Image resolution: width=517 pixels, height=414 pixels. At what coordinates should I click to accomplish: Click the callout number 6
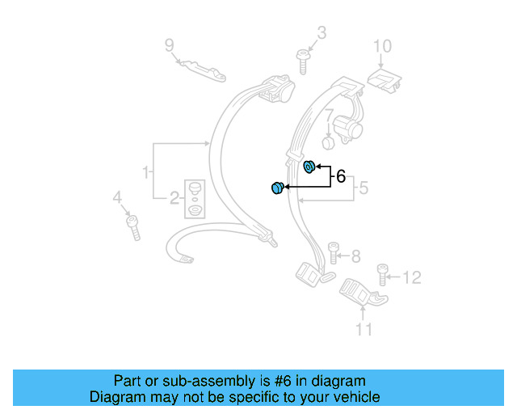[x=340, y=175]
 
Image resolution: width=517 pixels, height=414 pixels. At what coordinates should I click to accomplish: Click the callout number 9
[x=169, y=44]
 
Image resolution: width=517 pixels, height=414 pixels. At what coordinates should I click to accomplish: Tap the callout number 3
[x=321, y=33]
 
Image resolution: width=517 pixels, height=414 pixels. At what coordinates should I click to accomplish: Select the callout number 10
[x=381, y=46]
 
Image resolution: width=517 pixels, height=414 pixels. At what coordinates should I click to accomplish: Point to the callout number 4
[x=116, y=197]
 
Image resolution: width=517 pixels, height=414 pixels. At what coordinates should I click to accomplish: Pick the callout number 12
[x=411, y=278]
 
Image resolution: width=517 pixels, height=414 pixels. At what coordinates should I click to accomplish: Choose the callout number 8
[x=355, y=257]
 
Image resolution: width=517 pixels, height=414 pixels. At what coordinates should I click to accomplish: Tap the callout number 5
[x=364, y=188]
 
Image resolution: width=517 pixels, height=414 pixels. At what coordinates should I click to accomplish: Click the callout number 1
[x=145, y=172]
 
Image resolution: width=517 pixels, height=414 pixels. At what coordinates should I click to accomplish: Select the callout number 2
[x=174, y=197]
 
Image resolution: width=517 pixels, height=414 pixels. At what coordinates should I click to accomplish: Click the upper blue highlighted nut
[x=309, y=167]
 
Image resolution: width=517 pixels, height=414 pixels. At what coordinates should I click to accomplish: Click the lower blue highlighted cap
[x=276, y=188]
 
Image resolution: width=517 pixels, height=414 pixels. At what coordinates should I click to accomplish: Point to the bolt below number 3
[x=304, y=61]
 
